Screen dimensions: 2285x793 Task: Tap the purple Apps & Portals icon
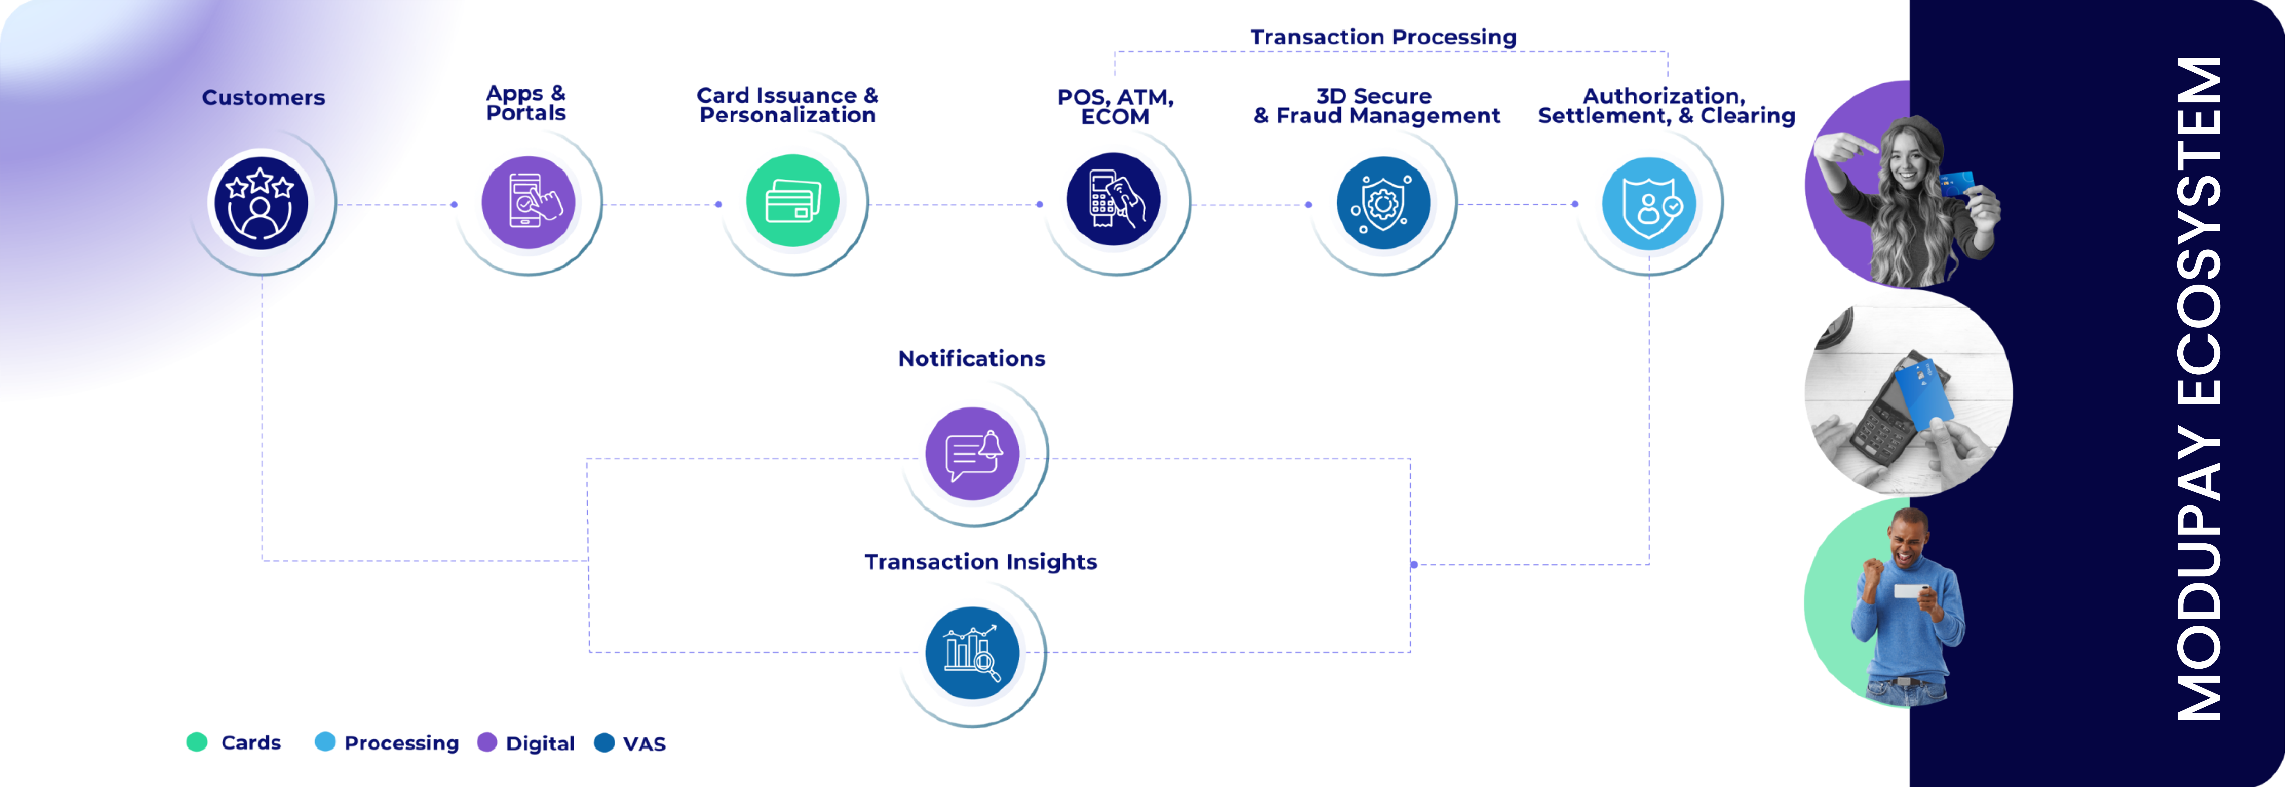pyautogui.click(x=528, y=202)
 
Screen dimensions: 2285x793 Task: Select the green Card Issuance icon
pyautogui.click(x=792, y=200)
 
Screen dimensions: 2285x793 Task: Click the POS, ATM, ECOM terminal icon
pyautogui.click(x=1113, y=199)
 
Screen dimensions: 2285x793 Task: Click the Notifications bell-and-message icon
pyautogui.click(x=972, y=453)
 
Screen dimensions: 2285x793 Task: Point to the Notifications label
pyautogui.click(x=971, y=358)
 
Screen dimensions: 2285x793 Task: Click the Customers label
pyautogui.click(x=263, y=98)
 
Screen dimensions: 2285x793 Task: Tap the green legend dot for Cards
pyautogui.click(x=197, y=743)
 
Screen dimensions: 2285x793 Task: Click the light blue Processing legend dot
pyautogui.click(x=325, y=743)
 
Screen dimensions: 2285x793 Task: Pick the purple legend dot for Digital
pyautogui.click(x=487, y=743)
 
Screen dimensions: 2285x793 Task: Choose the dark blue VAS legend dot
pyautogui.click(x=604, y=743)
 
